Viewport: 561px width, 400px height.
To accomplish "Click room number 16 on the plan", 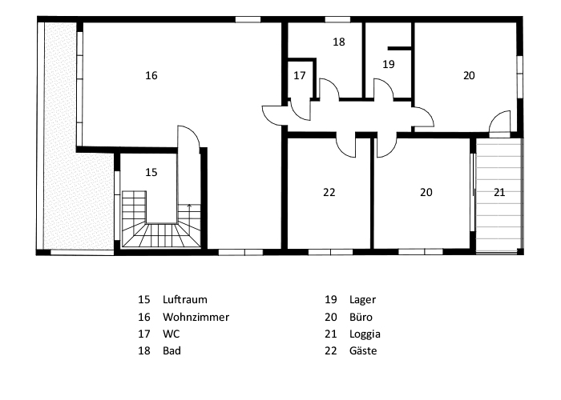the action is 151,76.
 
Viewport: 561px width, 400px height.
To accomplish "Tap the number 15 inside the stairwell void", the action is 151,173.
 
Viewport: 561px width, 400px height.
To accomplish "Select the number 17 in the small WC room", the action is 300,76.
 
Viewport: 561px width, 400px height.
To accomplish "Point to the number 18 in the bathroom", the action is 339,42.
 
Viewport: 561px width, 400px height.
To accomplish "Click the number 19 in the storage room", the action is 389,65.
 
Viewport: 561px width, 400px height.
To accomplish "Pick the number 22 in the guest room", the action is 329,193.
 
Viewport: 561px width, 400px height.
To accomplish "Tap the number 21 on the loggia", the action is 499,193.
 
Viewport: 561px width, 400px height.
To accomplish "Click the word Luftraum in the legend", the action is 185,299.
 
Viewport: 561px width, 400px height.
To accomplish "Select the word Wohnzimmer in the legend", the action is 196,317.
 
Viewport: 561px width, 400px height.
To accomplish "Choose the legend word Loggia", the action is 365,334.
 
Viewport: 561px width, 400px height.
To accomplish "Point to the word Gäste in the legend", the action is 363,350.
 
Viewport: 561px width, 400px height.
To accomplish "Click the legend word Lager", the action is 363,300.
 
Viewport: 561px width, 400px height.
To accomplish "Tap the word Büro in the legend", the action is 361,317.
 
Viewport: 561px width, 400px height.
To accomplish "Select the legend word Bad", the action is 172,350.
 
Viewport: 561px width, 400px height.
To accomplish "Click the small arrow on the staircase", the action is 189,206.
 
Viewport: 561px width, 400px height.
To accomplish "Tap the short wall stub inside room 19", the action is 399,48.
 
